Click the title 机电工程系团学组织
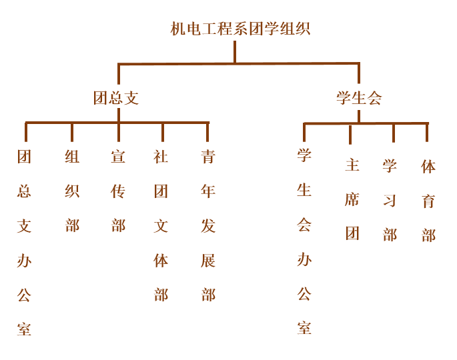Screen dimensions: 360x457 [x=240, y=29]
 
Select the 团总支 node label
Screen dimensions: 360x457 [x=116, y=98]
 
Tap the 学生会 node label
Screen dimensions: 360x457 [x=359, y=98]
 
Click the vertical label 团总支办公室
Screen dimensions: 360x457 [x=25, y=243]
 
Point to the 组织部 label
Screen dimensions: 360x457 [x=72, y=191]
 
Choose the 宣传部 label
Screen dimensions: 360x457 [x=119, y=191]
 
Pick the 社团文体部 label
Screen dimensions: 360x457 [x=161, y=225]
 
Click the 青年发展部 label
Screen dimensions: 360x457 [x=208, y=225]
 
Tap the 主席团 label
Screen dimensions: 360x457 [x=352, y=199]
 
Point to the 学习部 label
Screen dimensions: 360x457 [x=390, y=200]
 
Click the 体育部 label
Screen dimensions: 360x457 [x=428, y=201]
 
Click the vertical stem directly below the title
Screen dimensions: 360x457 [x=235, y=52]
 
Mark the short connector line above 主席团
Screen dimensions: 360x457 [x=350, y=133]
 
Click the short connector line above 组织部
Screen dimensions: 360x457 [x=72, y=132]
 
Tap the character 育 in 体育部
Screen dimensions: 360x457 [x=428, y=201]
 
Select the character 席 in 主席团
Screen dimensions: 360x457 [x=352, y=200]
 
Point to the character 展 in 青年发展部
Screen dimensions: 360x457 [x=208, y=260]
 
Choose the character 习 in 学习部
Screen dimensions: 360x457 [x=390, y=201]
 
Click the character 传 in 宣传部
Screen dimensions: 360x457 [x=119, y=191]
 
